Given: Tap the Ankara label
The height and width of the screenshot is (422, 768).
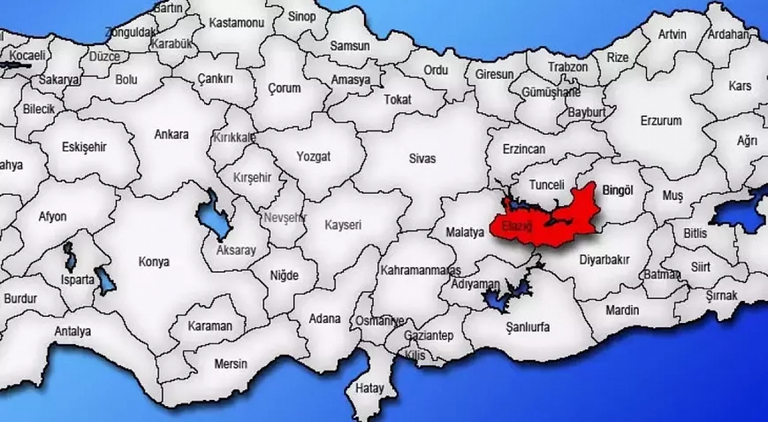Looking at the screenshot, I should click(x=171, y=134).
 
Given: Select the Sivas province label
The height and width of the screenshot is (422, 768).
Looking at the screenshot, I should click(x=422, y=158).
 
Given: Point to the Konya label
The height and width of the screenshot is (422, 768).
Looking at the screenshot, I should click(x=154, y=262).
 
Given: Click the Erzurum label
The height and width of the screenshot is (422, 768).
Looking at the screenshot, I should click(x=661, y=121).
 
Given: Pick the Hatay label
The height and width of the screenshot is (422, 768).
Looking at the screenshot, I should click(x=369, y=388).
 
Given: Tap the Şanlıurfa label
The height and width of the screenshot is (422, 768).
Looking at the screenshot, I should click(x=527, y=327).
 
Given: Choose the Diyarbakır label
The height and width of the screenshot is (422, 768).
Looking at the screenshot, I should click(x=604, y=260).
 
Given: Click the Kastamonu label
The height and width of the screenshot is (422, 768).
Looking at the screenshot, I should click(x=237, y=23).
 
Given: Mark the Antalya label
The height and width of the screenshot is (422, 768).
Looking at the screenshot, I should click(x=73, y=331).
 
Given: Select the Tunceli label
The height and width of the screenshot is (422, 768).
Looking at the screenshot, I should click(x=547, y=185).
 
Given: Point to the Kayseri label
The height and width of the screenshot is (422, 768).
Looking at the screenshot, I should click(x=342, y=225).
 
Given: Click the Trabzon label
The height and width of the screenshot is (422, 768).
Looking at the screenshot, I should click(x=568, y=67).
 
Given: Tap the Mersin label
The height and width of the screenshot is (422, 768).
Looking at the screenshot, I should click(x=231, y=364).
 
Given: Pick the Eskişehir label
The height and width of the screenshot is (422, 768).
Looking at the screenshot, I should click(x=84, y=147).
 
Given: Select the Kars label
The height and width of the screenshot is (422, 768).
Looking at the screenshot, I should click(x=740, y=86).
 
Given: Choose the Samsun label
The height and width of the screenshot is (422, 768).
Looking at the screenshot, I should click(x=350, y=46).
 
